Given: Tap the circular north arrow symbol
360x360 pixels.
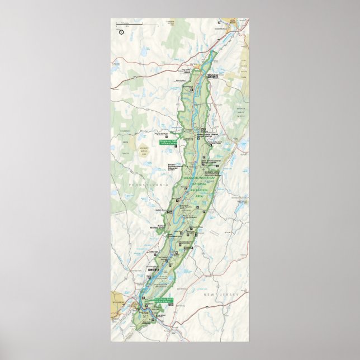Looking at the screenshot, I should [121, 31].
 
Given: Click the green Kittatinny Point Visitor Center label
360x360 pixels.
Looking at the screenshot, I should [164, 300].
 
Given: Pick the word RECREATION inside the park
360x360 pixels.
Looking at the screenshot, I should [198, 191].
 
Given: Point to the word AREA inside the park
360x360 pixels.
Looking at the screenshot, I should [198, 197].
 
